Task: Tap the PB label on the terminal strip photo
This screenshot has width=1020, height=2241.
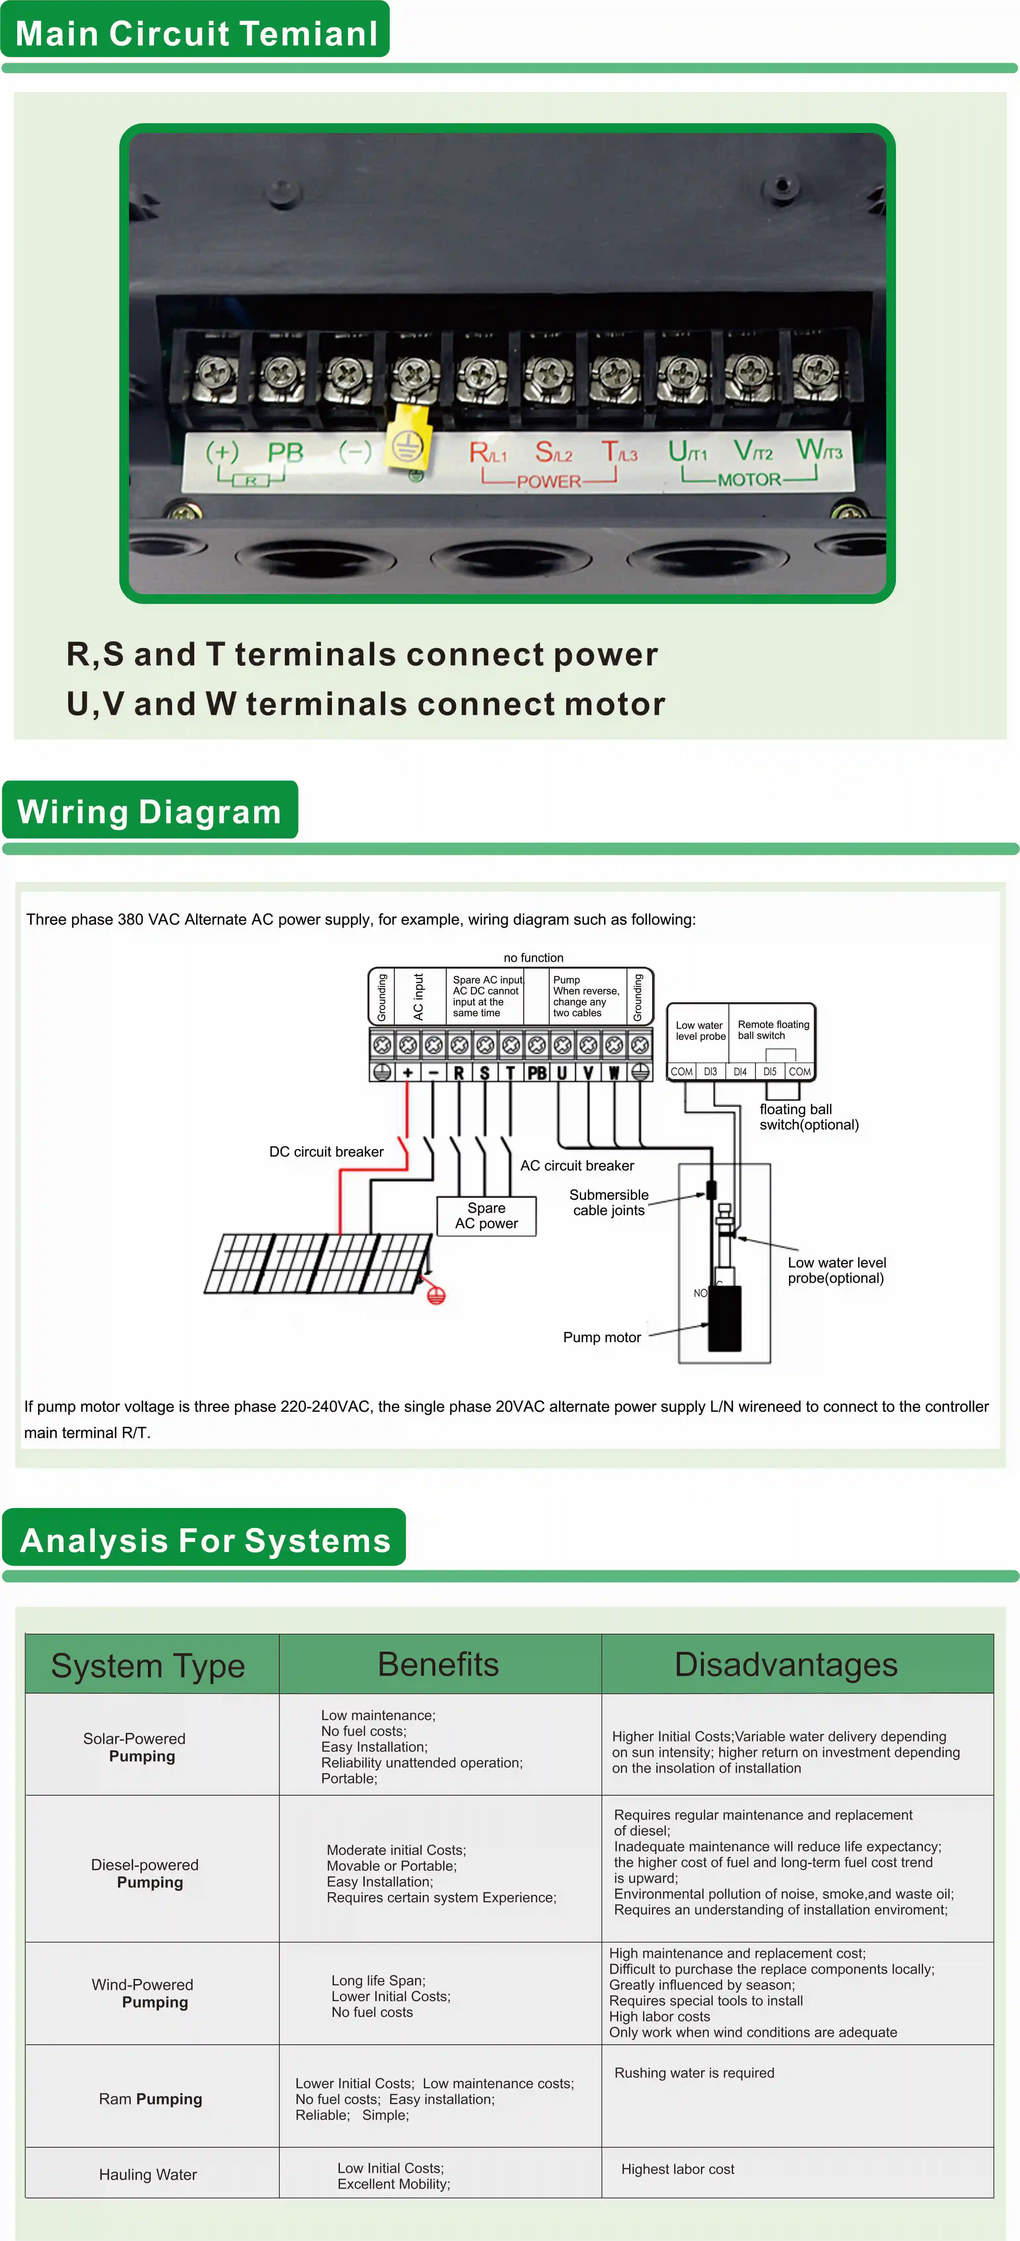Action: pyautogui.click(x=285, y=452)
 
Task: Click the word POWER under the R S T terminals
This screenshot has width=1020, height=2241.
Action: pyautogui.click(x=548, y=481)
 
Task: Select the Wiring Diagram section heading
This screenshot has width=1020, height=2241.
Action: pyautogui.click(x=150, y=812)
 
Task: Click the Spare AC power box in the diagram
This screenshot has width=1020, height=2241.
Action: pyautogui.click(x=487, y=1215)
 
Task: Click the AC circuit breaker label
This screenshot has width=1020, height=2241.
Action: pyautogui.click(x=577, y=1166)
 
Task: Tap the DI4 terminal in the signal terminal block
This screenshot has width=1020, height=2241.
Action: pyautogui.click(x=740, y=1072)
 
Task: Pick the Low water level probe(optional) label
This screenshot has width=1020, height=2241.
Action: pyautogui.click(x=836, y=1270)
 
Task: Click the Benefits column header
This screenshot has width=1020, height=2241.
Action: pyautogui.click(x=439, y=1664)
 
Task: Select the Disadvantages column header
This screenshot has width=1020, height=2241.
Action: pyautogui.click(x=786, y=1664)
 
